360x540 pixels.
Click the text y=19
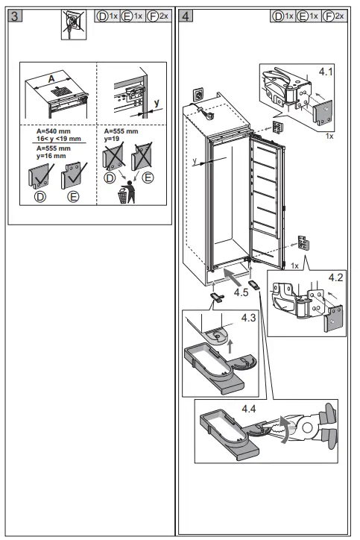click(112, 137)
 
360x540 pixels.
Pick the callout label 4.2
click(337, 277)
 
